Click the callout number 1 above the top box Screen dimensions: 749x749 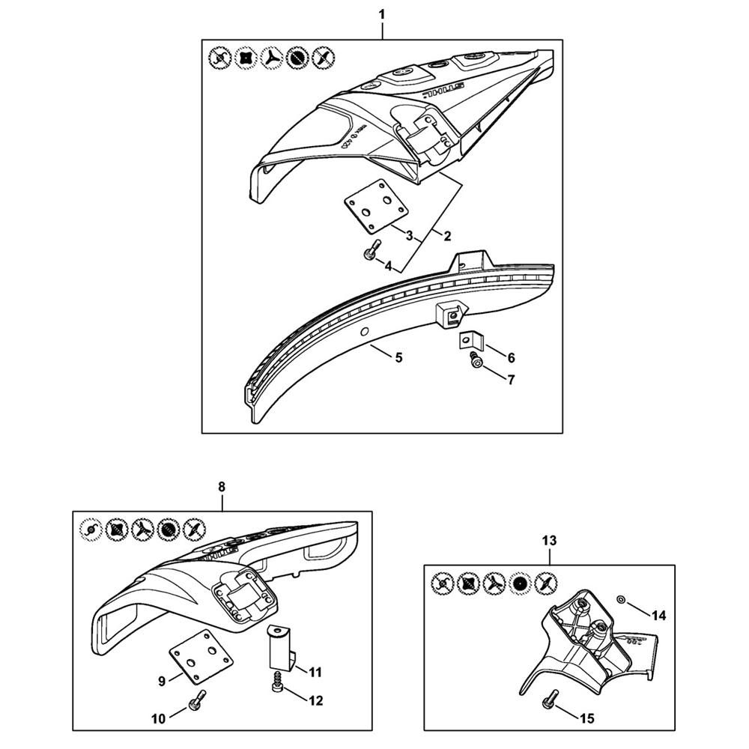click(x=382, y=13)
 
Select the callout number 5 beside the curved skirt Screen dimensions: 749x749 click(x=398, y=358)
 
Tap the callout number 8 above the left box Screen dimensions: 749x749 click(x=222, y=486)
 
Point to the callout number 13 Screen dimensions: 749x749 click(x=550, y=539)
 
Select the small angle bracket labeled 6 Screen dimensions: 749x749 click(x=469, y=341)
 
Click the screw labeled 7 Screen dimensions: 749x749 click(x=475, y=363)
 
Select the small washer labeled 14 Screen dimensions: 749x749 click(x=622, y=600)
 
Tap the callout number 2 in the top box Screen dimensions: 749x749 click(x=447, y=237)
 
